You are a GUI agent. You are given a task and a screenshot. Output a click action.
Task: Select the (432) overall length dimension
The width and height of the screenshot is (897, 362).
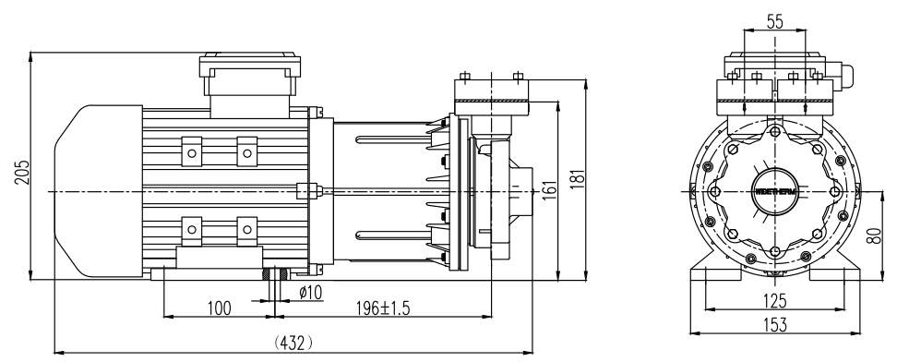click(x=295, y=341)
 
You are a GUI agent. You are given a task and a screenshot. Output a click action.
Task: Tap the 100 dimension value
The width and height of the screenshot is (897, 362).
click(x=218, y=308)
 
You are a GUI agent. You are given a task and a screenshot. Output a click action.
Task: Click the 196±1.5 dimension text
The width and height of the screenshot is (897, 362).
click(x=385, y=308)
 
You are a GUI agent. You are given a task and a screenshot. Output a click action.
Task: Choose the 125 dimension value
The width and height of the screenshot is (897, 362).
click(x=775, y=301)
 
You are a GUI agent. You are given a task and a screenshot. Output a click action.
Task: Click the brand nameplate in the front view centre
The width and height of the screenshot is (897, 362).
click(x=775, y=191)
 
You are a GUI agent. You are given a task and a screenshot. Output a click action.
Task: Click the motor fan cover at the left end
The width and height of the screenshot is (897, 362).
click(x=83, y=190)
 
